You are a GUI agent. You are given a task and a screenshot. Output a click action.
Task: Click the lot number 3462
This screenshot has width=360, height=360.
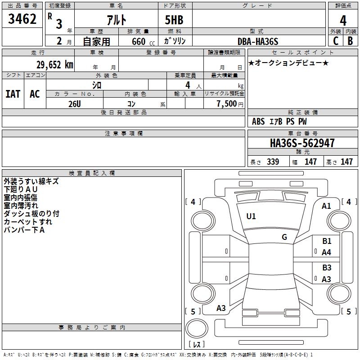22,19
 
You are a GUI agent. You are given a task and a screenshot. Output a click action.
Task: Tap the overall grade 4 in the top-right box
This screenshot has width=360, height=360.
343,21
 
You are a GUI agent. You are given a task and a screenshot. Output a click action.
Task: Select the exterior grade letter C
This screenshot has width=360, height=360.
336,41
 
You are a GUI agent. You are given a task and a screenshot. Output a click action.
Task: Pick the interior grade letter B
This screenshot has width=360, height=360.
351,41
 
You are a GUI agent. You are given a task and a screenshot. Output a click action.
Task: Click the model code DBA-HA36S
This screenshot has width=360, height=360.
258,41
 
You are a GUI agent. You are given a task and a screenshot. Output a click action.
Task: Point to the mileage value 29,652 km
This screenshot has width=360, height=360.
55,65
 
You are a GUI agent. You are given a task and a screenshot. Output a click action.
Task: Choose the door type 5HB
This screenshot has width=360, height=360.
174,20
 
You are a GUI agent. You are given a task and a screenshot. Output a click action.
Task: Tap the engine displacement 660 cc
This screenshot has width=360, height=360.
143,42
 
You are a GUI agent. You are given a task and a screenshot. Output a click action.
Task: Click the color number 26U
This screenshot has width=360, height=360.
75,104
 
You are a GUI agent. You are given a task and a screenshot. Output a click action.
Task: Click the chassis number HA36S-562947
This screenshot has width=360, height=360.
302,143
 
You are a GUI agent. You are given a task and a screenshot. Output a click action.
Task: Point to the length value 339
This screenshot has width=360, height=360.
273,162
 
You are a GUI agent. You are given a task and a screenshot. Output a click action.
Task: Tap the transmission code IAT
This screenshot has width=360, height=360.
13,94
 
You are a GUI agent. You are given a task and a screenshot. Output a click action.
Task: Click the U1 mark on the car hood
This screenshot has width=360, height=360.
251,216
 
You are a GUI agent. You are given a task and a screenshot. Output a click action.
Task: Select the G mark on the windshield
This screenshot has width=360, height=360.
284,237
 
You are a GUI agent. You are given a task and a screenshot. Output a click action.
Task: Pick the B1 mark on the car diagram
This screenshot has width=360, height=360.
327,241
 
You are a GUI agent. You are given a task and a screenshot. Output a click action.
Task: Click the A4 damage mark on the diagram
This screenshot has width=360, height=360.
326,252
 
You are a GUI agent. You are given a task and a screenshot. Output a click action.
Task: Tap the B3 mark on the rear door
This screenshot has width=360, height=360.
327,267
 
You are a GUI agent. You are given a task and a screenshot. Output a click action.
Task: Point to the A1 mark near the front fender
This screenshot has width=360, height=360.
326,206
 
